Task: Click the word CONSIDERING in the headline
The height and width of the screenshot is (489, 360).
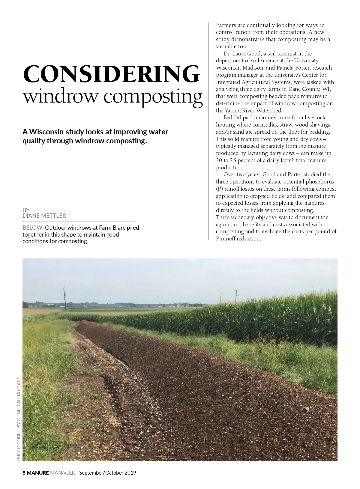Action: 111,74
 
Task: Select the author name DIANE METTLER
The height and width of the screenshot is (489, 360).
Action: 44,216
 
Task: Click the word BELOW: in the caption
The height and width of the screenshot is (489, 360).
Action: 33,228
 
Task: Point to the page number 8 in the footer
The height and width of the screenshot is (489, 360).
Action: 24,473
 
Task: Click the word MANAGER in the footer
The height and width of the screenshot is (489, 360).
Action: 62,473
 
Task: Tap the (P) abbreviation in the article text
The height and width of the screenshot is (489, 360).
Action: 219,189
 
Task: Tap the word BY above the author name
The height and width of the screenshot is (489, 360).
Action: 26,210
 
